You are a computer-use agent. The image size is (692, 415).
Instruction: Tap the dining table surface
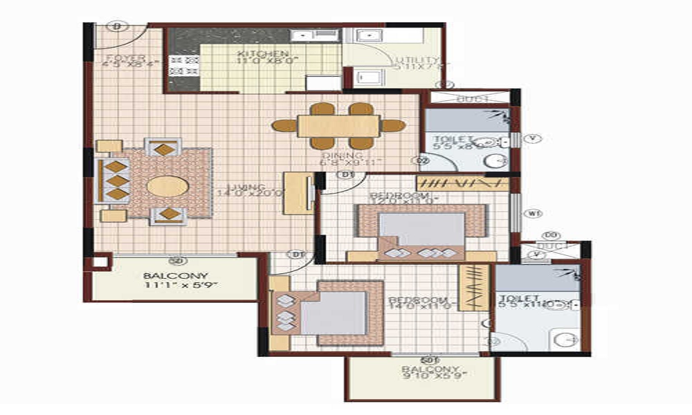(338, 126)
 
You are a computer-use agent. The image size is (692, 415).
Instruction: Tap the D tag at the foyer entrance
(117, 27)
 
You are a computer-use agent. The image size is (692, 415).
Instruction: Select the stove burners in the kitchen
(183, 66)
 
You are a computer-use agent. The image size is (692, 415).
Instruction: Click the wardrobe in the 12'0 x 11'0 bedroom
(462, 183)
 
